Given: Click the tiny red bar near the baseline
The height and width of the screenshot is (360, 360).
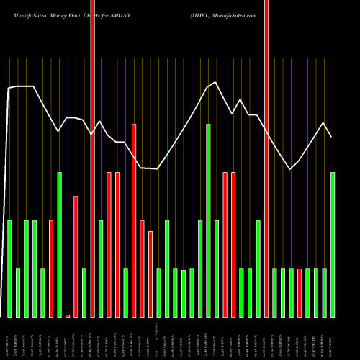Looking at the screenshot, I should coord(68,315).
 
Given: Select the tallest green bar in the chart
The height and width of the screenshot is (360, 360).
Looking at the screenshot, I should coord(209,220).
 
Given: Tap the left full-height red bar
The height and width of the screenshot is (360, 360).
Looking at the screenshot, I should coord(93,158).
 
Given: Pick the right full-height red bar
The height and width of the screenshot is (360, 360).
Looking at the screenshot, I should coord(266,158).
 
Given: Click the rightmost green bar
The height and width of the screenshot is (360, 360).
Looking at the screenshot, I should coord(333,245).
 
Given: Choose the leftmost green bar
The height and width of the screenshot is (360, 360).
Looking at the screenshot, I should coord(10,269).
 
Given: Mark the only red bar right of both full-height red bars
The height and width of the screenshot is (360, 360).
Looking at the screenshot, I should coord(300,292).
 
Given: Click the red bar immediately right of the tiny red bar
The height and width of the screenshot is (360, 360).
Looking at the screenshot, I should coord(76,256).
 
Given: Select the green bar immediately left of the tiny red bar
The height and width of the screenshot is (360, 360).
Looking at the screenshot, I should coord(60,245).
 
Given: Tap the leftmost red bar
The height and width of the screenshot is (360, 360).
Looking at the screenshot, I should coord(51,269).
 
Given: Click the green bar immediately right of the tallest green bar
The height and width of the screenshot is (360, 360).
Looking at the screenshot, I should coord(217,269).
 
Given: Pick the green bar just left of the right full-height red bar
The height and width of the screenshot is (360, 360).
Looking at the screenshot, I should coord(258,269).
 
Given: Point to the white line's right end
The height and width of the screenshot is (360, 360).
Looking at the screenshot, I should coord(331,137).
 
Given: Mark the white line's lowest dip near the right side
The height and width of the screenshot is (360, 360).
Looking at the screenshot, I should coord(290,169).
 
